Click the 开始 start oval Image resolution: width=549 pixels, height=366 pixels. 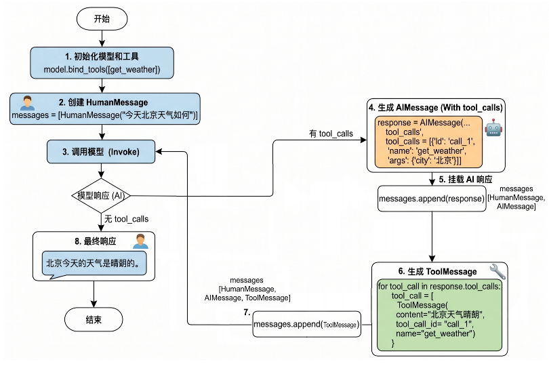coord(102,19)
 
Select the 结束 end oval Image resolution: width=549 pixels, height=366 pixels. coord(94,319)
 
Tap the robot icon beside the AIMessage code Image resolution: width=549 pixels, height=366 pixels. coord(493,128)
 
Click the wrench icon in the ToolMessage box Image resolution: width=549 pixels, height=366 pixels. coord(497,271)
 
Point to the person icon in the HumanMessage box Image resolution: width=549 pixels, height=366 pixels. coord(27,103)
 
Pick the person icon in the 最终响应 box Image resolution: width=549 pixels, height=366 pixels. coord(140,241)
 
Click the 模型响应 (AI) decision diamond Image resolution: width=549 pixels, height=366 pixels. coord(101,195)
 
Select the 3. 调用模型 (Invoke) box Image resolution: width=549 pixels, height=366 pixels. coord(101,152)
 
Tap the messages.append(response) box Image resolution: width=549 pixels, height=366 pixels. coord(432,199)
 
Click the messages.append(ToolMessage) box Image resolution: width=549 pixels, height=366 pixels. coord(307,325)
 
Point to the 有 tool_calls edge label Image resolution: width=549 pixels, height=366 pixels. coord(331,134)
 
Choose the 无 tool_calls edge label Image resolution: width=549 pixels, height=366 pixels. coord(126,219)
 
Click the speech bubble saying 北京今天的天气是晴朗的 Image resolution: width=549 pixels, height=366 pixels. coord(94,264)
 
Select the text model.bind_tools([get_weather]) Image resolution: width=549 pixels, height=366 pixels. coord(102,69)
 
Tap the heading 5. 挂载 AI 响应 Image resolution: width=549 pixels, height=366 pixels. coord(466,180)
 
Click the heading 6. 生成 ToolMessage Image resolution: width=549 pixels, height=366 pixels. coord(438,271)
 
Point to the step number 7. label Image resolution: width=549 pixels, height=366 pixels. coord(247,312)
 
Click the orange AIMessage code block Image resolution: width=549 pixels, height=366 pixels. coord(428,142)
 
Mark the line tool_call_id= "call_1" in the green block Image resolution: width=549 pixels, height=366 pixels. coord(434,324)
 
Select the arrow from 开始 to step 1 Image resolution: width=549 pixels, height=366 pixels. coord(102,39)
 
